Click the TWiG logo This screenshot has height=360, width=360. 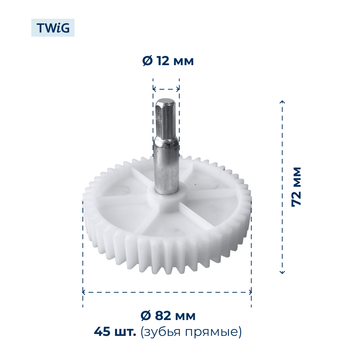click(53, 28)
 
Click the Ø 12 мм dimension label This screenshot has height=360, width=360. click(168, 61)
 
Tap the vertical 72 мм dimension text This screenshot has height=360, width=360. click(296, 186)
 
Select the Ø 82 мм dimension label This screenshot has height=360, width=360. click(168, 316)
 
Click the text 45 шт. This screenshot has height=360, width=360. click(115, 332)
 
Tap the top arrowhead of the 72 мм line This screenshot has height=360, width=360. click(282, 102)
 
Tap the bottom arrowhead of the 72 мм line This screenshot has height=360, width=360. click(282, 272)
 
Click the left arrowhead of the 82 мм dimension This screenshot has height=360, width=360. click(84, 292)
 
